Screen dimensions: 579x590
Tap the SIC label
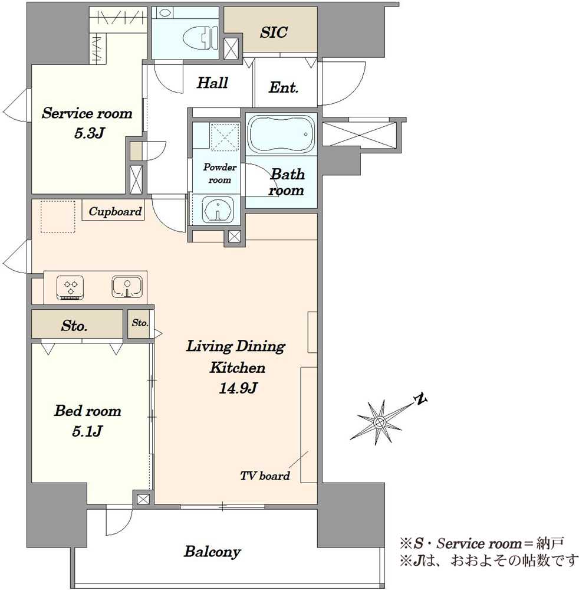(x=274, y=32)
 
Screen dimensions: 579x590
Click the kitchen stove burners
(x=70, y=289)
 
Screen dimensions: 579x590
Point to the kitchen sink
(x=127, y=287)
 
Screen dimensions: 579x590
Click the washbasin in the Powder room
(x=218, y=209)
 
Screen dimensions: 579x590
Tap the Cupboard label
(x=115, y=211)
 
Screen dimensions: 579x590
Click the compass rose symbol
(x=380, y=422)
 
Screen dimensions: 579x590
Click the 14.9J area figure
(x=238, y=388)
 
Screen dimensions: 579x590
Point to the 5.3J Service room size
(x=88, y=133)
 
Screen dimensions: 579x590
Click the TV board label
(x=265, y=476)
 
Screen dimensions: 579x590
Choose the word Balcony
(x=212, y=552)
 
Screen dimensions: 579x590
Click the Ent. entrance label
(x=284, y=87)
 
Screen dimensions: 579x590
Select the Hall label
(x=212, y=83)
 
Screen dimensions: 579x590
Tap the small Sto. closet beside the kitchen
(x=140, y=323)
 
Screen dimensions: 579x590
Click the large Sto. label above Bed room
(x=74, y=326)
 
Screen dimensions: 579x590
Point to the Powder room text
(x=220, y=173)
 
